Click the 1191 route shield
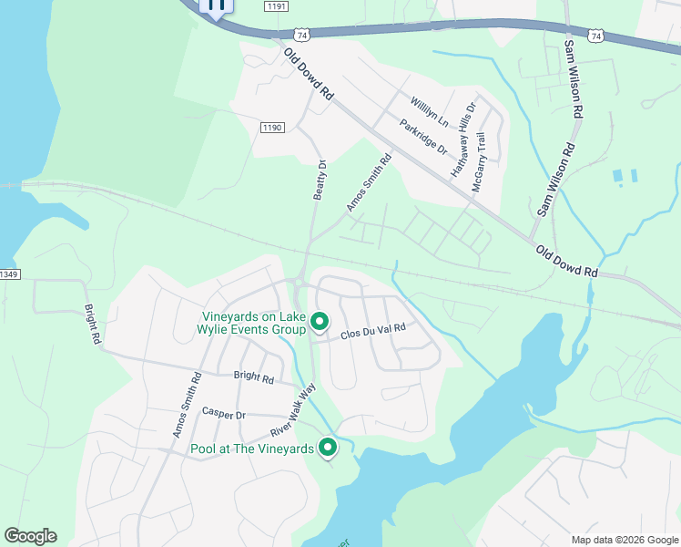coord(277,6)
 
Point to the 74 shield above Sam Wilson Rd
coord(596,36)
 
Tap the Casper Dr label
coord(224,414)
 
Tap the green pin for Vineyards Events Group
coord(320,322)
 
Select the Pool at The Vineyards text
coord(251,449)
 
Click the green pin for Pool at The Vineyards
coord(327,447)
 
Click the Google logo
coord(30,536)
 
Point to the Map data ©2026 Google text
coord(624,540)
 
